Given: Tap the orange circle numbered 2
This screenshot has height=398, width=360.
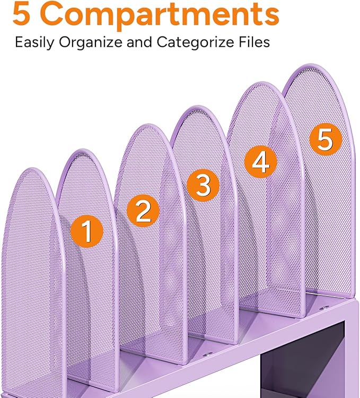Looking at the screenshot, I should pyautogui.click(x=143, y=211).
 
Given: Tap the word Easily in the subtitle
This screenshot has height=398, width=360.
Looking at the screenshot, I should pyautogui.click(x=33, y=42).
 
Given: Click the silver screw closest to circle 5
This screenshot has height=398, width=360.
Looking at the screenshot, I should pyautogui.click(x=323, y=307).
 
